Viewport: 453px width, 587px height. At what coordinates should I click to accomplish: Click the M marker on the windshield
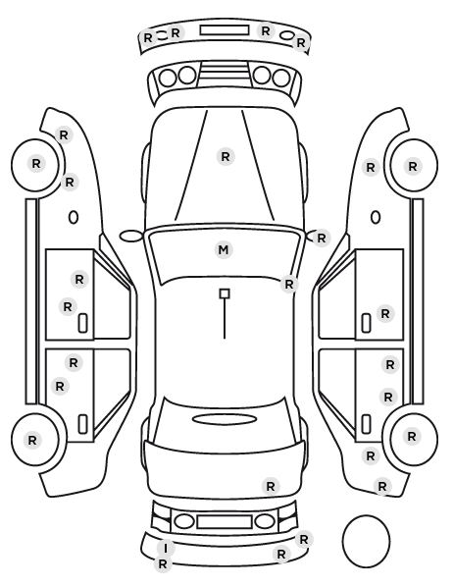tap(224, 249)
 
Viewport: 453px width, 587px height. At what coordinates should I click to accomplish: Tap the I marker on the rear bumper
tap(165, 549)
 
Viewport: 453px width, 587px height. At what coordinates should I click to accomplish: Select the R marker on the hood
tap(226, 156)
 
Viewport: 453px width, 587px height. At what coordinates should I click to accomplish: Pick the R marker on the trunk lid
tap(271, 486)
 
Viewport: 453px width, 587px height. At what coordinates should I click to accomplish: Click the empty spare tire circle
tap(366, 541)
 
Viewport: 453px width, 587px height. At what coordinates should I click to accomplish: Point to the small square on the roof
tap(225, 293)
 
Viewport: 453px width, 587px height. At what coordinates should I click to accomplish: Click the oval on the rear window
tap(225, 419)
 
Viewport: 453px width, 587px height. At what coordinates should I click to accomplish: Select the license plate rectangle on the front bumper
tap(225, 30)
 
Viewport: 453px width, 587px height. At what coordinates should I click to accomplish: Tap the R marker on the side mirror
tap(322, 238)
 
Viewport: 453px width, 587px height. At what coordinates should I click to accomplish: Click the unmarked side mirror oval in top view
tap(131, 236)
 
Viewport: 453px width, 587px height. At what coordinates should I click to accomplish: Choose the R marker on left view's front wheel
tap(36, 163)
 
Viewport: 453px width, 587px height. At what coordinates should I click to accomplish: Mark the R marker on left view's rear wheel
tap(32, 440)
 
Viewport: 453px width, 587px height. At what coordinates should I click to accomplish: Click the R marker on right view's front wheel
tap(413, 166)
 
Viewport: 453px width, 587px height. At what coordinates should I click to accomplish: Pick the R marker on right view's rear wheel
tap(412, 436)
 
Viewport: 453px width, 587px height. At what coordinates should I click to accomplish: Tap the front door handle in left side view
tap(82, 323)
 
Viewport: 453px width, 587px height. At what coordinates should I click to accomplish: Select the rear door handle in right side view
tap(366, 424)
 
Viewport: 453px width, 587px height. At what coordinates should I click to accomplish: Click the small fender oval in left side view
tap(74, 218)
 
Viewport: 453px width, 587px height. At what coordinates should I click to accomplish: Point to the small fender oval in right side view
tap(376, 218)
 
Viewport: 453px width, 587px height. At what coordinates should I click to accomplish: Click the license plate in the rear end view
tap(225, 522)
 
